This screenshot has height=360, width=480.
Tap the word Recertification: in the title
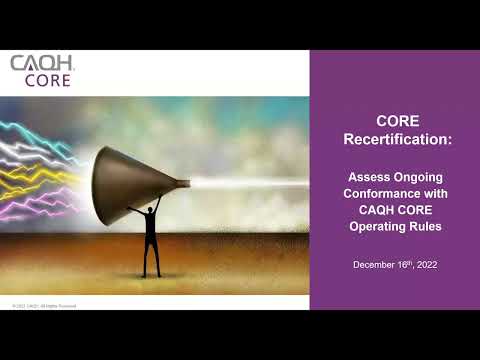click(394, 140)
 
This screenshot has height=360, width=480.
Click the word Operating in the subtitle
click(377, 228)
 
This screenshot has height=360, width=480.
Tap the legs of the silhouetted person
click(151, 257)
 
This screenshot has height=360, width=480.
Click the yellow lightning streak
click(40, 186)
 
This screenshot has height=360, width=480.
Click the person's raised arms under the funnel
click(151, 212)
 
